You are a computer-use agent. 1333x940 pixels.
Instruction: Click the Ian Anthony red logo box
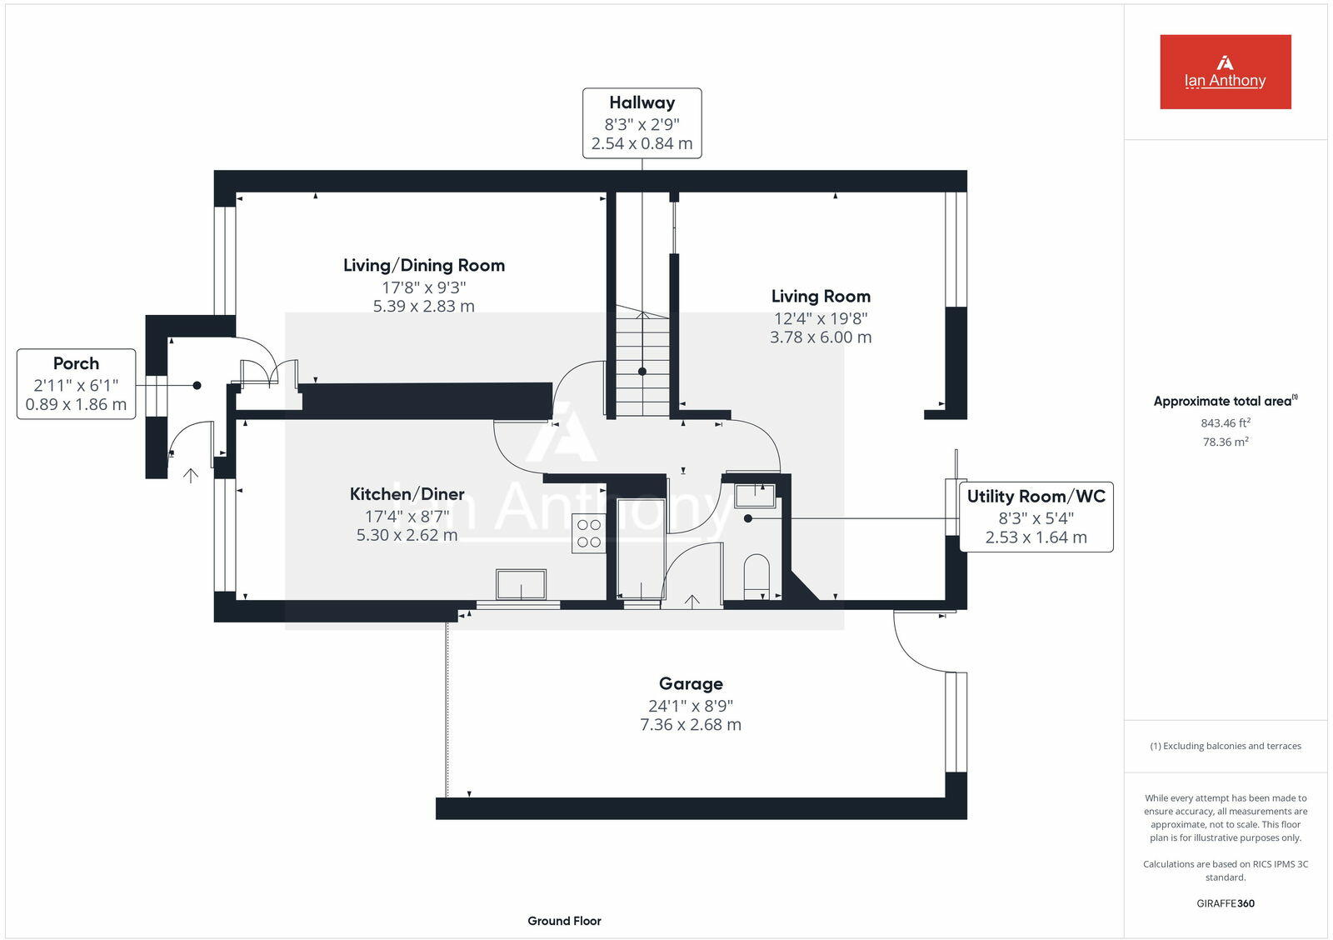point(1225,72)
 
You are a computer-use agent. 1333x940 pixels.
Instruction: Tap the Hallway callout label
point(642,123)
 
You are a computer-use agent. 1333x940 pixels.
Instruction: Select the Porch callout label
point(76,384)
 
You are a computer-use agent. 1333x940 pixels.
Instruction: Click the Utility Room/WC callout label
point(1036,517)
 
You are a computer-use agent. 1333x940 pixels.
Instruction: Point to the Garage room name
point(691,684)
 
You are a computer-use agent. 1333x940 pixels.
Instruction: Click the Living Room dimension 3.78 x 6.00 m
point(821,337)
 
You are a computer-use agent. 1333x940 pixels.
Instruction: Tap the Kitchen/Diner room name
point(407,494)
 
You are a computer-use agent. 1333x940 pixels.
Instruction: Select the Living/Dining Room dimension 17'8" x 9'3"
point(423,287)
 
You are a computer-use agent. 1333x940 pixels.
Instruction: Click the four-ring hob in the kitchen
point(588,533)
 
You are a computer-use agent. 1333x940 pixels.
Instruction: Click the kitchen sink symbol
point(521,584)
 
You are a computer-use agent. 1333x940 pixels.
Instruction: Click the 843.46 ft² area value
point(1225,423)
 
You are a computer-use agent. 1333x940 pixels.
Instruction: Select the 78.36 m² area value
point(1225,442)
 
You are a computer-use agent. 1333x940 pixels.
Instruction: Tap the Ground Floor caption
point(564,921)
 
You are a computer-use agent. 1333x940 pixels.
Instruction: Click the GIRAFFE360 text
point(1225,903)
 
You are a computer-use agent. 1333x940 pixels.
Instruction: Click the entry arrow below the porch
point(191,476)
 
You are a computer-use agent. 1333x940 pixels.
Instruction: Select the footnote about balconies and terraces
point(1225,746)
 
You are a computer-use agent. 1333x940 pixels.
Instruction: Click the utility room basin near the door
point(755,496)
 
